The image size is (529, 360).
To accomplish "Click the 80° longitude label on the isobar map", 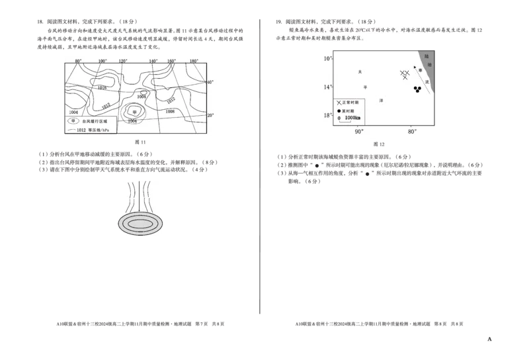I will [x=78, y=61].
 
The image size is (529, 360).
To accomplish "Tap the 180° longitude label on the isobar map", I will [x=194, y=61].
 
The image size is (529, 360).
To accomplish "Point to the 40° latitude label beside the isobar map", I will [x=210, y=82].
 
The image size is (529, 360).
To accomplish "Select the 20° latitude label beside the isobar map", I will [x=210, y=115].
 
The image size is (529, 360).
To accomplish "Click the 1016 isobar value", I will [x=102, y=87].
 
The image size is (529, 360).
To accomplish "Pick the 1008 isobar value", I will [x=170, y=112].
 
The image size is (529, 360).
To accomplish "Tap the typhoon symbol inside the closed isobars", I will [x=134, y=112].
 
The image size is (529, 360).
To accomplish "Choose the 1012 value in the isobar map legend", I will [x=81, y=130].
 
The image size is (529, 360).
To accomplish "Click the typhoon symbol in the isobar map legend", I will [x=73, y=121].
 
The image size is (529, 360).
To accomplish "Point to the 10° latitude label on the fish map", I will [x=327, y=59].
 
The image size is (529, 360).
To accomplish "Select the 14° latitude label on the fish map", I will [x=327, y=87].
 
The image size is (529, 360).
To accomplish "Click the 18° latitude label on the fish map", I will [x=327, y=116].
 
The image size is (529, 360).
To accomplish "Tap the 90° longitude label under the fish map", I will [x=359, y=132].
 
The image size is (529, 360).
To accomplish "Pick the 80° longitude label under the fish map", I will [x=411, y=132].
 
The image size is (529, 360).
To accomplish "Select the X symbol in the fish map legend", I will [x=339, y=103].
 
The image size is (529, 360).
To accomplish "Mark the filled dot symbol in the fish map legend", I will [x=339, y=111].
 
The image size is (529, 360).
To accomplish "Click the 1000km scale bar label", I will [x=352, y=118].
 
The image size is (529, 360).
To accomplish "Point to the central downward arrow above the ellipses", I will [x=140, y=196].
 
